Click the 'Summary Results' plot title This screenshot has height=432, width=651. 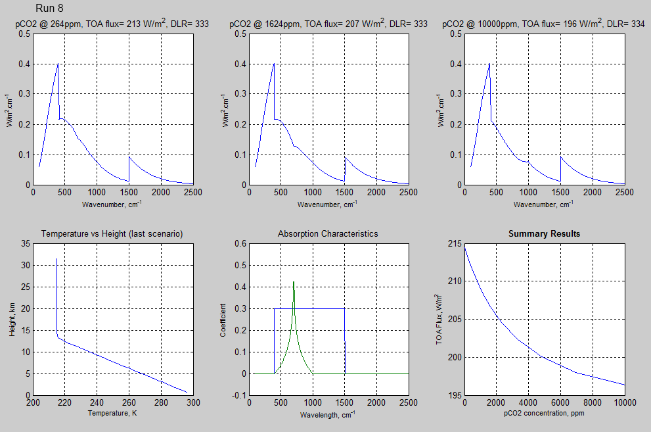point(544,233)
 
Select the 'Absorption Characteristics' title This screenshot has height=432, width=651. point(328,233)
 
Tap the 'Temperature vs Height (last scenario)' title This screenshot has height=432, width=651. point(112,233)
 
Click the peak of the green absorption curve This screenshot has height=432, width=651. point(294,282)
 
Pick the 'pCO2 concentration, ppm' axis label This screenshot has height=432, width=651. point(544,414)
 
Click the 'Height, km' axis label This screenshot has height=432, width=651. point(12,319)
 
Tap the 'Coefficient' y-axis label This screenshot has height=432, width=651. point(223,319)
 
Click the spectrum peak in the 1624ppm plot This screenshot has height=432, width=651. point(273,64)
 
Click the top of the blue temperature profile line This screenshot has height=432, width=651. point(56,259)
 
